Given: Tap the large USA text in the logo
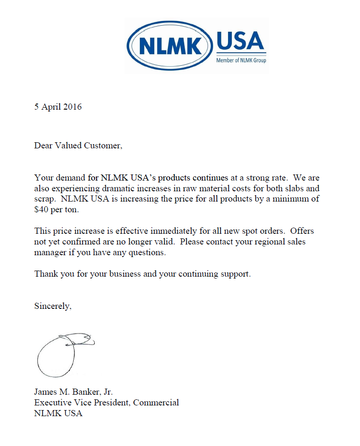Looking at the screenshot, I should (x=241, y=42).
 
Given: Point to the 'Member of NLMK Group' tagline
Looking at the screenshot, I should (x=241, y=60).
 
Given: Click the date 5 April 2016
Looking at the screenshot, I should (x=58, y=107).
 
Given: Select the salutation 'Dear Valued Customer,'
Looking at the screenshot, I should (x=78, y=146).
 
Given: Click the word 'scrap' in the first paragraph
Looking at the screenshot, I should (x=44, y=199).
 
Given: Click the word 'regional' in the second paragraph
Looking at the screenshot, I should (x=263, y=242).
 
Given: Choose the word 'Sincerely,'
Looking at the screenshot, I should (x=53, y=307).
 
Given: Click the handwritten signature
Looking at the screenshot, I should (x=63, y=354).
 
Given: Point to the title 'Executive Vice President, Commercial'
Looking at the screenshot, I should (x=106, y=403).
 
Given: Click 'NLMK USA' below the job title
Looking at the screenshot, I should (x=58, y=413).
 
